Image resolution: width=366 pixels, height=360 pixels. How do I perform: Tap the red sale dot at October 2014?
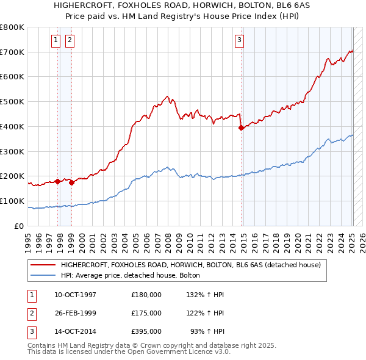(x=241, y=128)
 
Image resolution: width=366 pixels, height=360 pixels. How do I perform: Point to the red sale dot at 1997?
(x=57, y=181)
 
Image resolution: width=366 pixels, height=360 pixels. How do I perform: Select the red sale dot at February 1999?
(x=72, y=182)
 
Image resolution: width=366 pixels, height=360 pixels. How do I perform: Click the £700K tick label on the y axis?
(x=12, y=52)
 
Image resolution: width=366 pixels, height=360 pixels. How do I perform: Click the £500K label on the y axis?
(x=12, y=101)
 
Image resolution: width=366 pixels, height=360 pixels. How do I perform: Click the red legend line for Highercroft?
(x=43, y=265)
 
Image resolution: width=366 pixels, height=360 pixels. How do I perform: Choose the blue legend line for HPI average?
(x=43, y=276)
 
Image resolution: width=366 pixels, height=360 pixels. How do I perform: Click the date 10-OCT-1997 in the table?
(x=75, y=295)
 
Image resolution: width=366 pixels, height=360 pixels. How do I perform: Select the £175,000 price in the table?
(x=146, y=314)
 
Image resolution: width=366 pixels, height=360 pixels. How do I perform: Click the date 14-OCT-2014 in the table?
(x=75, y=332)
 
